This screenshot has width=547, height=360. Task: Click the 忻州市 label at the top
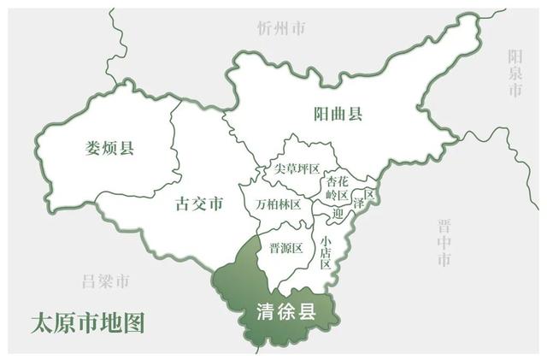pos(281,28)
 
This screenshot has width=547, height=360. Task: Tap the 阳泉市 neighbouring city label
pos(515,74)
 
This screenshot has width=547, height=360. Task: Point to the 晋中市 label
pos(444,243)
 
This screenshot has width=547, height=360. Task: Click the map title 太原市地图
pos(87,322)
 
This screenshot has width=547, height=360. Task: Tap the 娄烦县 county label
pos(110,147)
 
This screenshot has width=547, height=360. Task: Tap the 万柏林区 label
pos(278,204)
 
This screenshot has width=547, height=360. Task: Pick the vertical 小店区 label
pos(326,252)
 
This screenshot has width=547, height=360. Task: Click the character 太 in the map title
pos(40,322)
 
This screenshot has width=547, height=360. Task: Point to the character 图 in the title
pos(134,322)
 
